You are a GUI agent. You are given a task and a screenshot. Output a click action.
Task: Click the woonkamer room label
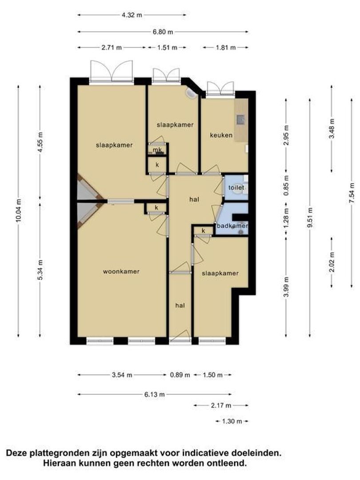pyautogui.click(x=121, y=272)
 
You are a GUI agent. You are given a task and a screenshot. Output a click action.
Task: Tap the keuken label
pyautogui.click(x=221, y=135)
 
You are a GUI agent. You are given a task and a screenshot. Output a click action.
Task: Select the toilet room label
pyautogui.click(x=236, y=188)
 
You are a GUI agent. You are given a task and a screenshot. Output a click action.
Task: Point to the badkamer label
pyautogui.click(x=232, y=226)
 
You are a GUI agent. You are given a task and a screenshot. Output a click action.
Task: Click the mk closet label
pyautogui.click(x=157, y=150)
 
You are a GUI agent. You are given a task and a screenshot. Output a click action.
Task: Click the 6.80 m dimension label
pyautogui.click(x=163, y=32)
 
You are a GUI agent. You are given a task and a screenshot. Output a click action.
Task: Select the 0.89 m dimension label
pyautogui.click(x=180, y=375)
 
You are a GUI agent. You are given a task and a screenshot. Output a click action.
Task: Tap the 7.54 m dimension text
pyautogui.click(x=352, y=193)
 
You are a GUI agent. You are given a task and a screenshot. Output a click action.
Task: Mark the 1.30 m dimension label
pyautogui.click(x=232, y=421)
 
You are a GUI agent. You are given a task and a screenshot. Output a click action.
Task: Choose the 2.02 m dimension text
pyautogui.click(x=332, y=262)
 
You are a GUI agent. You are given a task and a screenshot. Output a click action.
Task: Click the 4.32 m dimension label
pyautogui.click(x=132, y=15)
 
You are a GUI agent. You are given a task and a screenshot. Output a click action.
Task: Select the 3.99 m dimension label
pyautogui.click(x=287, y=287)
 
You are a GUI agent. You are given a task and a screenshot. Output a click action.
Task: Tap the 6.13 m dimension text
pyautogui.click(x=155, y=395)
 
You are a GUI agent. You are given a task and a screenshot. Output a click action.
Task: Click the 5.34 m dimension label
pyautogui.click(x=41, y=269)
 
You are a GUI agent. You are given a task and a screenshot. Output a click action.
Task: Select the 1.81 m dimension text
pyautogui.click(x=226, y=48)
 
